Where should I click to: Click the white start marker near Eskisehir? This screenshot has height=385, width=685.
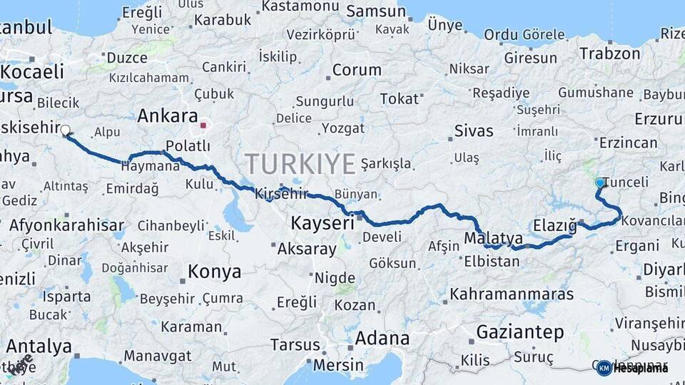point(66,130)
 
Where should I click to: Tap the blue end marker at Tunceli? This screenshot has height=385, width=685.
point(599,183)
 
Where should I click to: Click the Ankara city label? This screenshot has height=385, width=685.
point(167,115)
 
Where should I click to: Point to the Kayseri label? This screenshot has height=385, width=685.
point(323,224)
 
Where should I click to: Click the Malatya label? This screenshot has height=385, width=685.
point(493,238)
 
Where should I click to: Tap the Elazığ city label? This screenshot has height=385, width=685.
point(554,226)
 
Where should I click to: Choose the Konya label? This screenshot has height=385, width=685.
point(214,272)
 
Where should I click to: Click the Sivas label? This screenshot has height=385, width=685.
point(474,131)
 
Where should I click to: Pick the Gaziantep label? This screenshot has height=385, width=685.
point(519,332)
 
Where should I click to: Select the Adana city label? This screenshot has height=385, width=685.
point(382,337)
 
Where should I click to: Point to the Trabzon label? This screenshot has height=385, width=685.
point(610,53)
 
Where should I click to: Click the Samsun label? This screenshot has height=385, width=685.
point(377,12)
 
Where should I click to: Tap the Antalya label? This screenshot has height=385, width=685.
point(39,347)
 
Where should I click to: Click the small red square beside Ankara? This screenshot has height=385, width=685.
point(203,125)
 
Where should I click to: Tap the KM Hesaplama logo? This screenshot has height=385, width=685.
point(632,368)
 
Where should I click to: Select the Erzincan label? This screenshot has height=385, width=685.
point(629,143)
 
